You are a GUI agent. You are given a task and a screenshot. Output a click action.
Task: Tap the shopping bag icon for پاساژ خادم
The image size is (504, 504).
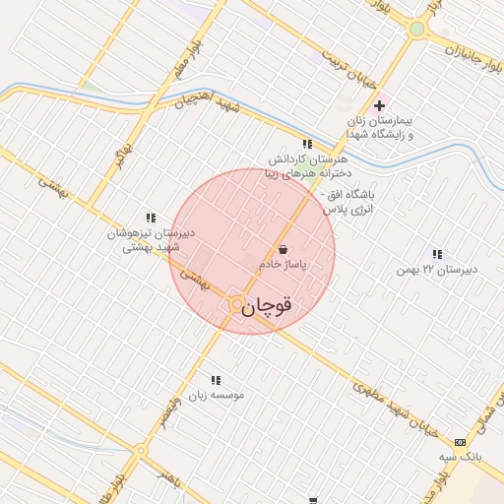(x=283, y=250)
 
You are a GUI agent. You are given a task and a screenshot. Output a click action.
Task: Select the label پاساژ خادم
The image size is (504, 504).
(x=283, y=266)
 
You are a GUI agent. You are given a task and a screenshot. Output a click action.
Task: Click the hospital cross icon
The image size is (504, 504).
(x=379, y=105)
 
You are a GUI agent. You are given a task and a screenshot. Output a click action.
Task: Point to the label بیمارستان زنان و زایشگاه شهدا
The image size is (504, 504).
(x=378, y=127)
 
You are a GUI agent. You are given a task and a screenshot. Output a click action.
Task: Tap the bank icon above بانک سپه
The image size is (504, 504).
(x=460, y=442)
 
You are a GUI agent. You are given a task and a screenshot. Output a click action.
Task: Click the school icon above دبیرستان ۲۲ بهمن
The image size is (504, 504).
(x=437, y=254)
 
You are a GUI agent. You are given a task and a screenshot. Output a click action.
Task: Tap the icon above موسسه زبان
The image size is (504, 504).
(x=216, y=379)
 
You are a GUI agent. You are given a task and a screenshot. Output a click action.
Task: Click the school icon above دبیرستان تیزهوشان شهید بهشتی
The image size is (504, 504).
(x=151, y=218)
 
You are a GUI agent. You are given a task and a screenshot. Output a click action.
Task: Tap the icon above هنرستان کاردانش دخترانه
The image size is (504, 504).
(x=307, y=144)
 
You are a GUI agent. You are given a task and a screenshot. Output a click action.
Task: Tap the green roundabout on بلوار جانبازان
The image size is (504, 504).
(x=417, y=30)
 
